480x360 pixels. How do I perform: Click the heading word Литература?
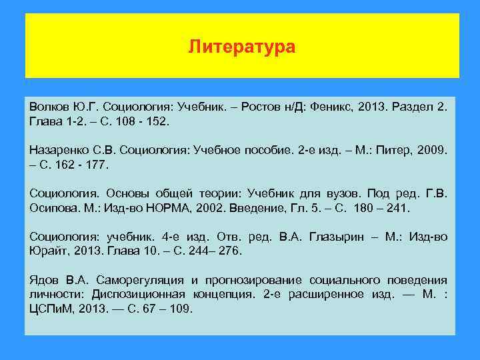[241, 47]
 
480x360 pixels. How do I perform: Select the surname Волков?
[49, 108]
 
